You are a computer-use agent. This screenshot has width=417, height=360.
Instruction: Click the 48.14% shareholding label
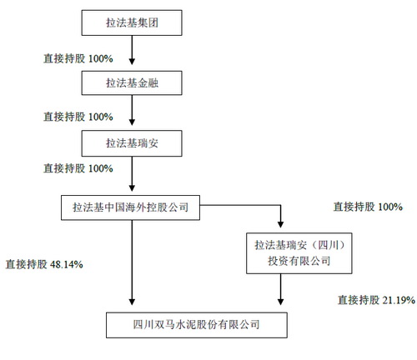coord(44,264)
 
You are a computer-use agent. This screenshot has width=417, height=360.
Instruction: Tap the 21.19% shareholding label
coord(376,300)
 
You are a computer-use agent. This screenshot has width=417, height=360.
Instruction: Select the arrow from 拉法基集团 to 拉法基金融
coord(132,50)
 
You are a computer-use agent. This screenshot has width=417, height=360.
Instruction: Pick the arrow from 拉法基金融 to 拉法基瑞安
coord(132,110)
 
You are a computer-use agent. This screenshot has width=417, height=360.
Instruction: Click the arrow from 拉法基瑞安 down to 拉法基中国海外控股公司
coord(132,174)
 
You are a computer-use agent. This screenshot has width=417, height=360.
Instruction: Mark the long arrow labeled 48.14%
coord(132,262)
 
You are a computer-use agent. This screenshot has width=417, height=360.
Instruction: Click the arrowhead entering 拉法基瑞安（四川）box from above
coord(280,224)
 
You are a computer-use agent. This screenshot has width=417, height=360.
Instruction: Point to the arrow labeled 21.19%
coord(280,289)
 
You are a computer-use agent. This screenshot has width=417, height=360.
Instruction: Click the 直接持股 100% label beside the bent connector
coord(368,207)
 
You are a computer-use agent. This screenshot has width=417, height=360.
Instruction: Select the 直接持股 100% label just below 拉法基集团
coord(78,58)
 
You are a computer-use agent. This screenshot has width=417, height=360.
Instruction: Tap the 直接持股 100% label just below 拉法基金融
coord(78,117)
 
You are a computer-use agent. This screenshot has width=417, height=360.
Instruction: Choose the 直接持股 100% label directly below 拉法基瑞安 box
coord(78,168)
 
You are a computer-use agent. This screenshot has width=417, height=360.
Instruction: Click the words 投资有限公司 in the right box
coord(299,261)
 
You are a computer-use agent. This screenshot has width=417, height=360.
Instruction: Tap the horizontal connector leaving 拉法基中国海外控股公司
coord(240,205)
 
